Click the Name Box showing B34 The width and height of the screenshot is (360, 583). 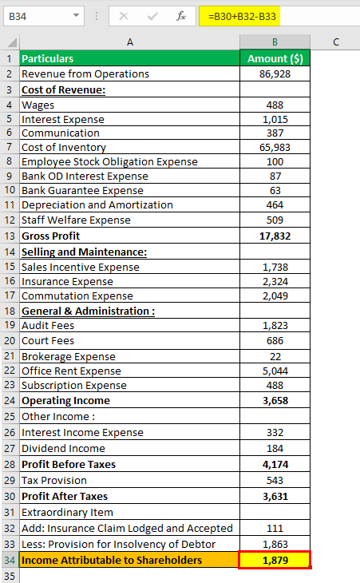click(x=44, y=16)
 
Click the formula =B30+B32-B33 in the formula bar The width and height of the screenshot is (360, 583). click(x=242, y=17)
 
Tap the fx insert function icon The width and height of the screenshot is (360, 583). click(x=181, y=16)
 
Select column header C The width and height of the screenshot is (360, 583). click(x=336, y=42)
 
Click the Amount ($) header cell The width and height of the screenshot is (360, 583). click(x=275, y=58)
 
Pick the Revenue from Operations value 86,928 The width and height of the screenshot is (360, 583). click(x=275, y=74)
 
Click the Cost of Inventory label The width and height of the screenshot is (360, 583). click(x=64, y=148)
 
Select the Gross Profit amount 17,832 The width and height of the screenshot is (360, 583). click(x=275, y=236)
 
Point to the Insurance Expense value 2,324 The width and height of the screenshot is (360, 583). click(x=275, y=282)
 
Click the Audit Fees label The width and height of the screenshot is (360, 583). click(x=48, y=326)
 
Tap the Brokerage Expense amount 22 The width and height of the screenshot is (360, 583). click(x=275, y=357)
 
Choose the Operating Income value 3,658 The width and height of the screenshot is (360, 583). click(x=275, y=401)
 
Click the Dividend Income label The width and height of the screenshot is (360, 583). click(x=63, y=449)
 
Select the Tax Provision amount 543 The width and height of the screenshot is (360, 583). click(x=275, y=481)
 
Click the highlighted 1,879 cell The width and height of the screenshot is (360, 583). click(x=275, y=561)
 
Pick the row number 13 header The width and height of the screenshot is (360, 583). click(x=10, y=236)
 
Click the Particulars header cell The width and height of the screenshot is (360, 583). click(x=48, y=59)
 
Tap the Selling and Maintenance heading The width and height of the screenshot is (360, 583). click(x=84, y=252)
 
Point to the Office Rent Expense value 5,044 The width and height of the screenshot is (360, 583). click(x=275, y=371)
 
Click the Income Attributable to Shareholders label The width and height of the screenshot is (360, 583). click(x=112, y=561)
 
